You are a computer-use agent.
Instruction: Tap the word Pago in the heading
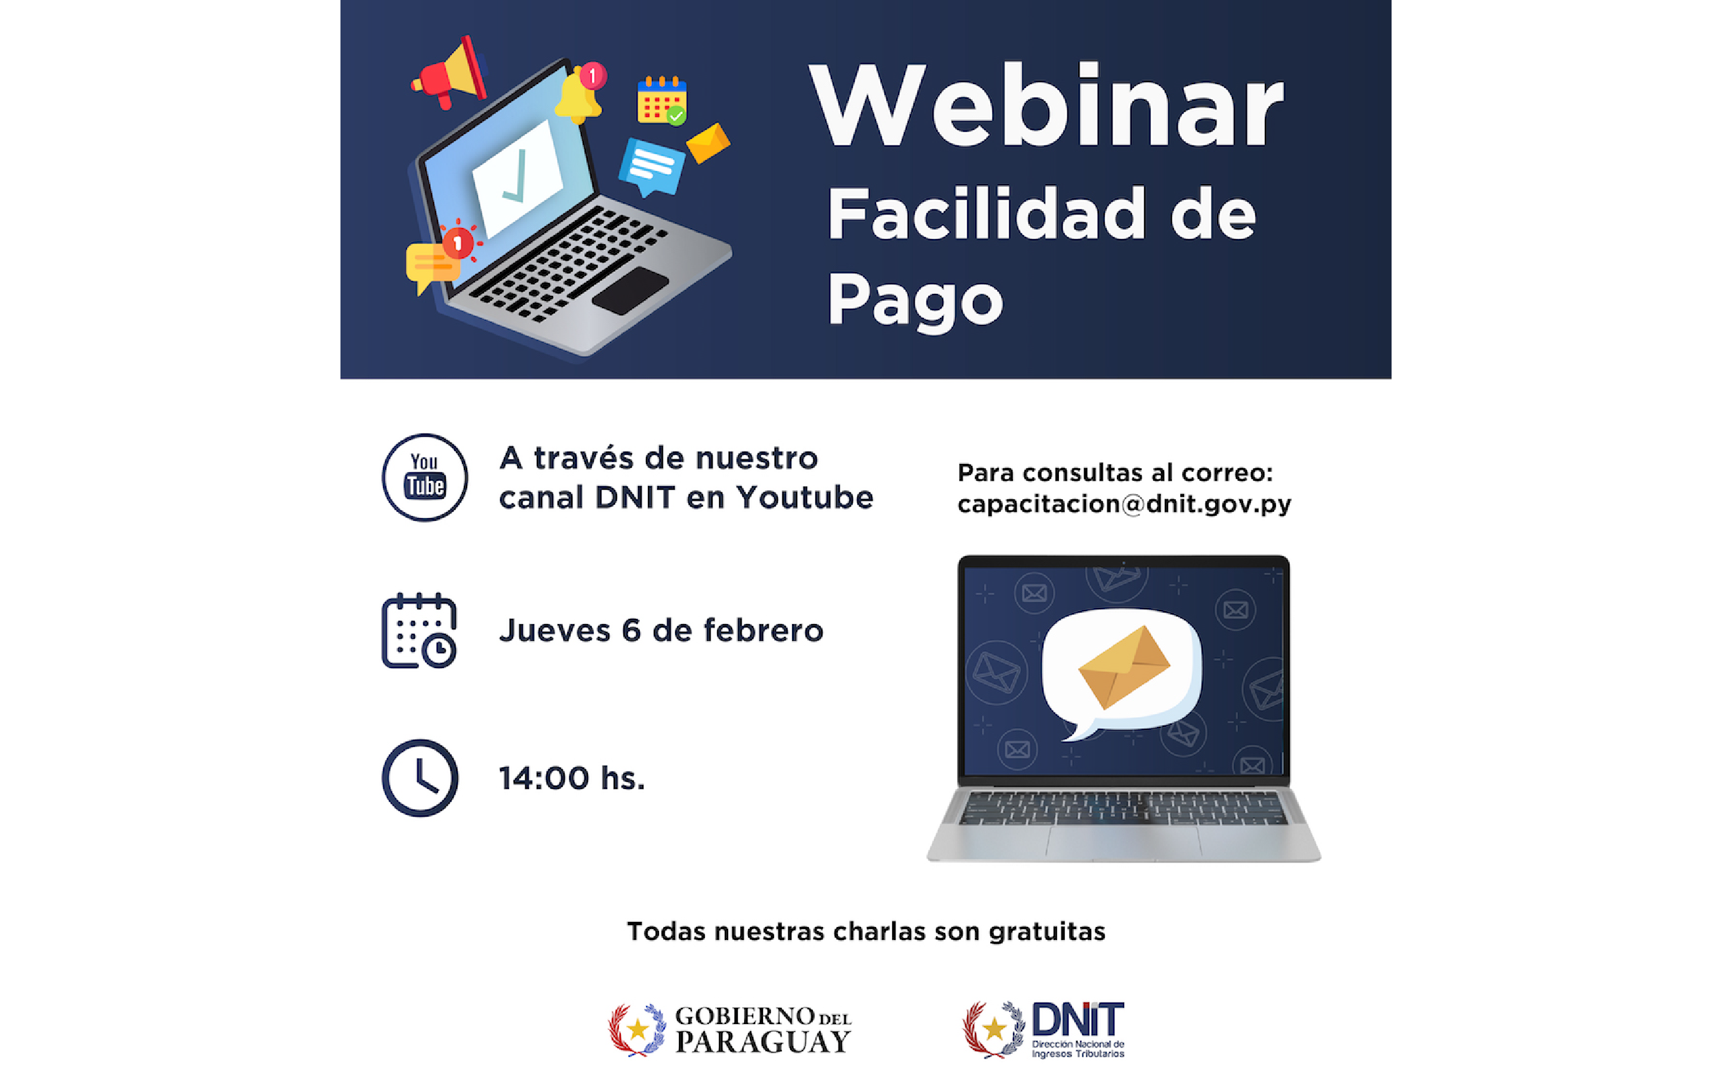915,302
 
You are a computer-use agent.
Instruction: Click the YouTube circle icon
424,477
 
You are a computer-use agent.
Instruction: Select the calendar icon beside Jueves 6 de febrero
419,631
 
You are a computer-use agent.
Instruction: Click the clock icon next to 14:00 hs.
420,778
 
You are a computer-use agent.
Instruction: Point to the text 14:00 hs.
572,779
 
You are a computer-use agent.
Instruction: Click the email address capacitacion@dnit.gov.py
1124,505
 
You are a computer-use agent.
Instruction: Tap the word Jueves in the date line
555,631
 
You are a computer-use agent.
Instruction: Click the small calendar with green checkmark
662,100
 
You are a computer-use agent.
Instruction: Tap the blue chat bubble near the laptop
651,167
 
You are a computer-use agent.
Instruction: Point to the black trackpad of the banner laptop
630,291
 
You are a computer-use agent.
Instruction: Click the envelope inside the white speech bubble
1124,667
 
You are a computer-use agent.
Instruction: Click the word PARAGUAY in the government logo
762,1042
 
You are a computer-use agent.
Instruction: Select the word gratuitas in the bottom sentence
1047,932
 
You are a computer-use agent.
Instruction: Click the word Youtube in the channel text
805,497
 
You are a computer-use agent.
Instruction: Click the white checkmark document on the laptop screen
518,178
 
